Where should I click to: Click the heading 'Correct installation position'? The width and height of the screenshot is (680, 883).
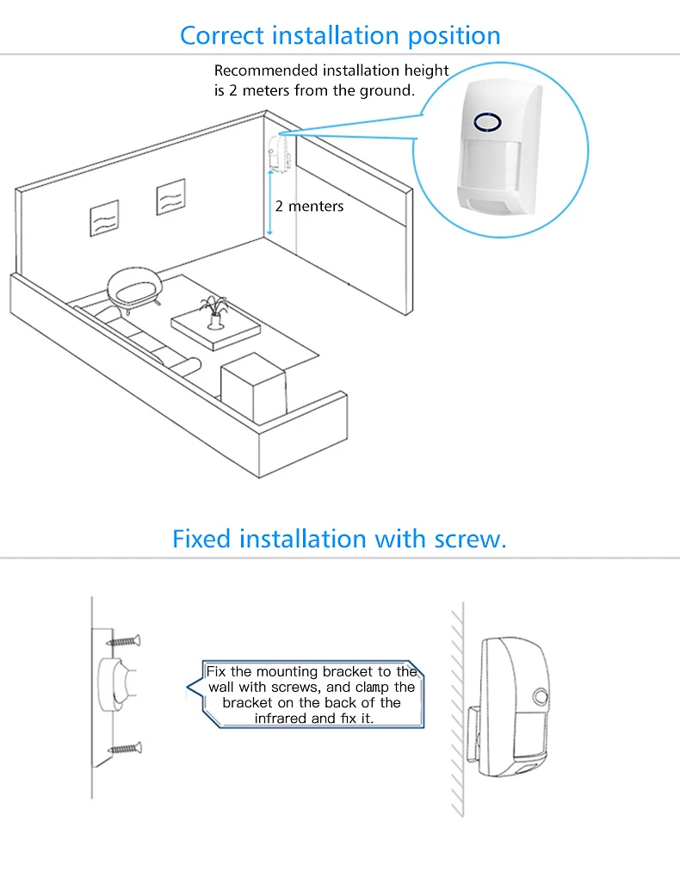(340, 35)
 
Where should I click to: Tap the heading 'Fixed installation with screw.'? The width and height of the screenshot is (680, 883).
(339, 539)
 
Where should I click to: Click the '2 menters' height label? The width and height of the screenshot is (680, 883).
(309, 207)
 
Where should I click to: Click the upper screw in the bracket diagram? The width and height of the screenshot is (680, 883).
(125, 641)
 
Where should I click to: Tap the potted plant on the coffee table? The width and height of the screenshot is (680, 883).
(213, 312)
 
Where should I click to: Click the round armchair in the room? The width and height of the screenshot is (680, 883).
(134, 285)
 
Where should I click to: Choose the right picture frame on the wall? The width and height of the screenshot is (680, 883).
(170, 197)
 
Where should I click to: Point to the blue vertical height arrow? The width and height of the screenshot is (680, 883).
(270, 203)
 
